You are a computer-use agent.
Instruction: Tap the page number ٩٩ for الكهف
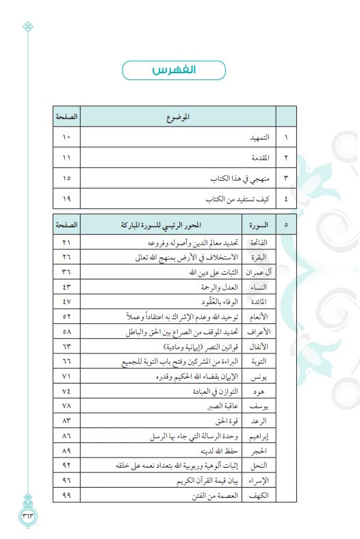coord(66,494)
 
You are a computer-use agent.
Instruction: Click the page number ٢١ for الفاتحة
coord(66,243)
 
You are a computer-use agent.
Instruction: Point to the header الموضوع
coord(178,117)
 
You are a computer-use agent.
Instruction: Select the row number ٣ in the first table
coord(285,178)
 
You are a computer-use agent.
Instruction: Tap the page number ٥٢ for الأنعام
coord(66,317)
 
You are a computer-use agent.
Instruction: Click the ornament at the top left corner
coord(28,27)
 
